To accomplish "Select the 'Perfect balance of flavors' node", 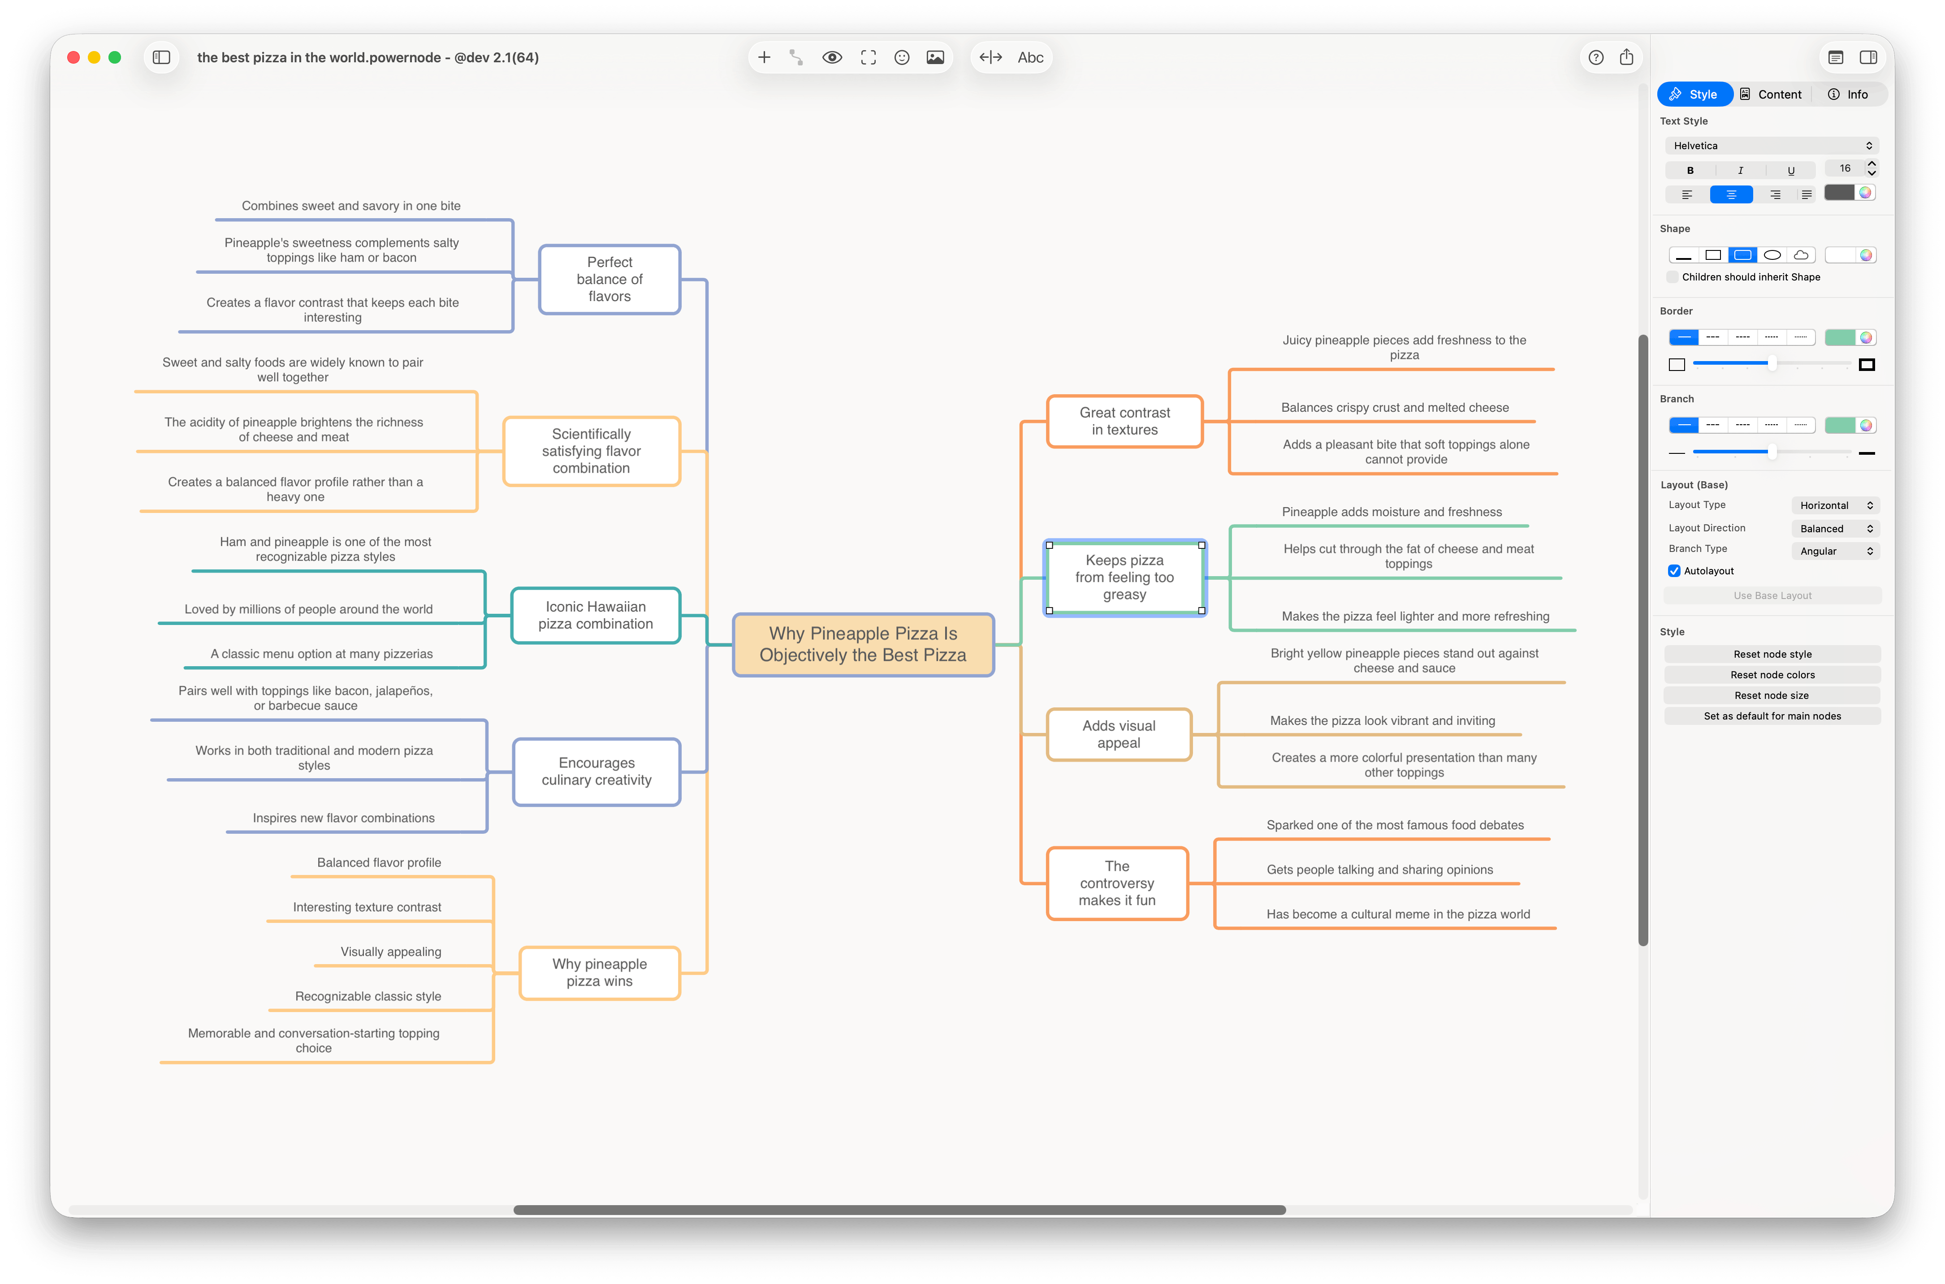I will (x=609, y=279).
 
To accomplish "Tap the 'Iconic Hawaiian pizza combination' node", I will (x=595, y=615).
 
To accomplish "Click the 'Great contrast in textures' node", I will (x=1124, y=421).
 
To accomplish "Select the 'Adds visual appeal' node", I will (x=1119, y=734).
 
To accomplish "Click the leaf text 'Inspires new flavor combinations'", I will (x=343, y=818).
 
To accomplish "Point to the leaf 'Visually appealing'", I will (x=391, y=952).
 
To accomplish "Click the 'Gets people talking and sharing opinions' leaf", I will (x=1379, y=870).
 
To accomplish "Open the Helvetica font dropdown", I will (x=1772, y=146).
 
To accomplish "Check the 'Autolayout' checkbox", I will (x=1674, y=571).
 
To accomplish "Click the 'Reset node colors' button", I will (x=1772, y=675).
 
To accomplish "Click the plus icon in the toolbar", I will (x=764, y=57).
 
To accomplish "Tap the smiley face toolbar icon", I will (x=902, y=57).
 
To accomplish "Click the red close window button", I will (x=73, y=57).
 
